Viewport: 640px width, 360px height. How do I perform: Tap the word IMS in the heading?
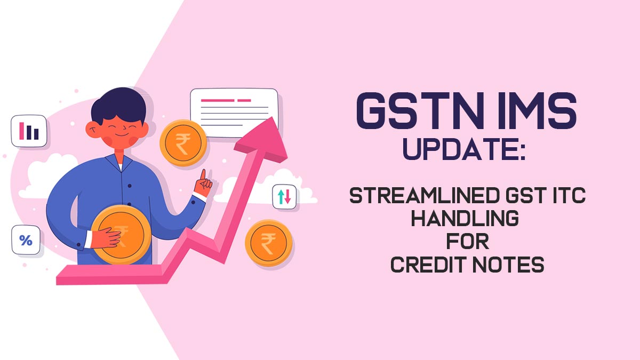point(537,111)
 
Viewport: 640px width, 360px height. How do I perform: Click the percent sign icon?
point(26,240)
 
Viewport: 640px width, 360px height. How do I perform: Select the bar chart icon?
point(29,131)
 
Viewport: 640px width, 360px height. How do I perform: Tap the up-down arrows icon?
point(284,197)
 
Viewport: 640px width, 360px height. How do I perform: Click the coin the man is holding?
point(122,234)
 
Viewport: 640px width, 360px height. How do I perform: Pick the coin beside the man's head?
point(183,143)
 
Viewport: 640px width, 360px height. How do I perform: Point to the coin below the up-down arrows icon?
point(269,243)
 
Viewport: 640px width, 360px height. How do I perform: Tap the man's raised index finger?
point(203,175)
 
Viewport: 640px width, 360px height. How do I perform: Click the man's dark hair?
point(118,105)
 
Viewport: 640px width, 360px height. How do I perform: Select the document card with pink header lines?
point(234,113)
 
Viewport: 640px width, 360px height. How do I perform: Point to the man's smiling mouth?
point(122,134)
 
